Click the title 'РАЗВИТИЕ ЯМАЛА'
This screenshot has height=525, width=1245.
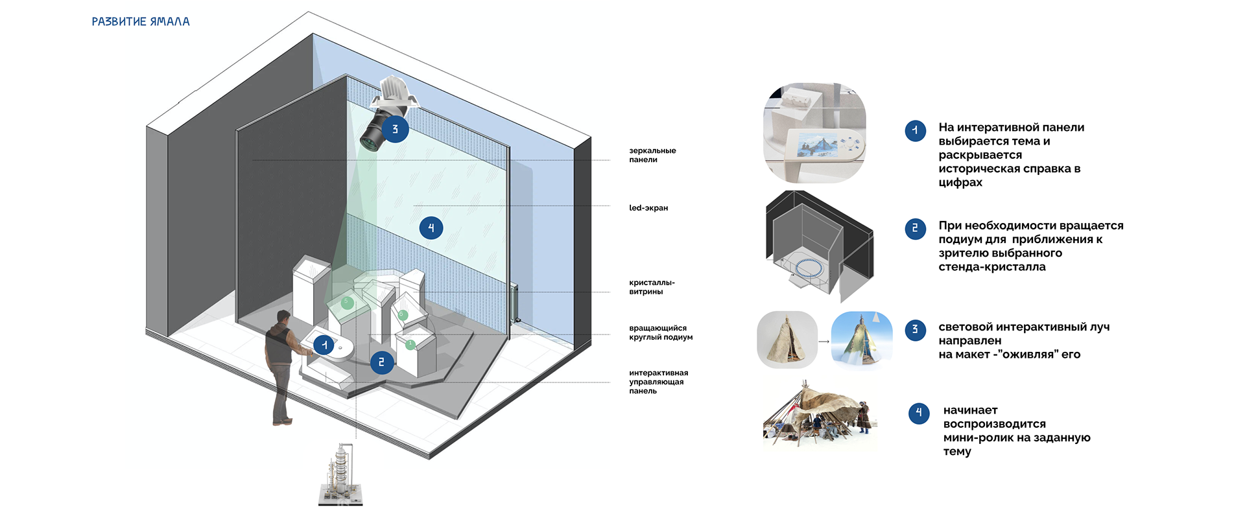(x=141, y=21)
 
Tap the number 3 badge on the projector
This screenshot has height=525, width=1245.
(x=395, y=130)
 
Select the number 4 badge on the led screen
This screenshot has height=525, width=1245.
(x=431, y=228)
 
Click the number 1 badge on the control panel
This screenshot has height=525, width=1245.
(x=324, y=345)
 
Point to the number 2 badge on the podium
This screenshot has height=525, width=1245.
(x=381, y=362)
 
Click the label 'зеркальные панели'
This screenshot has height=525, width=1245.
(x=652, y=155)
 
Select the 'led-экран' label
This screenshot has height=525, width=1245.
(x=648, y=208)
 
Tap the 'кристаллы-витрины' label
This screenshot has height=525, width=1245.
(x=651, y=287)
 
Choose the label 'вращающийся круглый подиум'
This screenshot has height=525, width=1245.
(x=660, y=332)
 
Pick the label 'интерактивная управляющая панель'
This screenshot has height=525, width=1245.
(x=658, y=382)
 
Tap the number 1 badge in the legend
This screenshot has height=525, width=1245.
(x=915, y=131)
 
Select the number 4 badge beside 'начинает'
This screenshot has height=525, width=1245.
(x=918, y=413)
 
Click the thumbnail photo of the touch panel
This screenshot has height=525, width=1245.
(x=814, y=133)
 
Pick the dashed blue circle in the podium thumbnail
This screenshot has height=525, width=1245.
(x=808, y=267)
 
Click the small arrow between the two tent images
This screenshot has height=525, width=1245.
(x=824, y=341)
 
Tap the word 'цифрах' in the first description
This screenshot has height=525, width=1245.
(x=960, y=183)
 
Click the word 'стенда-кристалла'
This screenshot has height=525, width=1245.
(x=991, y=267)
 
